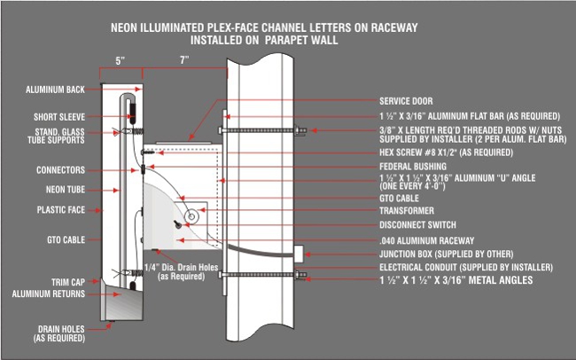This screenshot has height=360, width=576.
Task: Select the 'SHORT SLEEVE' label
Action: coord(58,116)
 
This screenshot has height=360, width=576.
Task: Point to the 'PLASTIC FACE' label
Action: coord(60,210)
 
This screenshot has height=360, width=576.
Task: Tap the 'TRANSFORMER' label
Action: coord(407,211)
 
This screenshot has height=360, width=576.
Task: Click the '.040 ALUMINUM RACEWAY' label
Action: coord(428,239)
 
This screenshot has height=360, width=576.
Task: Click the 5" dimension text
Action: coord(119,61)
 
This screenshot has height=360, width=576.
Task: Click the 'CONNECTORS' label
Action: coord(60,169)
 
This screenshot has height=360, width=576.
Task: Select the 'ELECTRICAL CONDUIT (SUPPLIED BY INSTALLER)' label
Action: coord(466,267)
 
